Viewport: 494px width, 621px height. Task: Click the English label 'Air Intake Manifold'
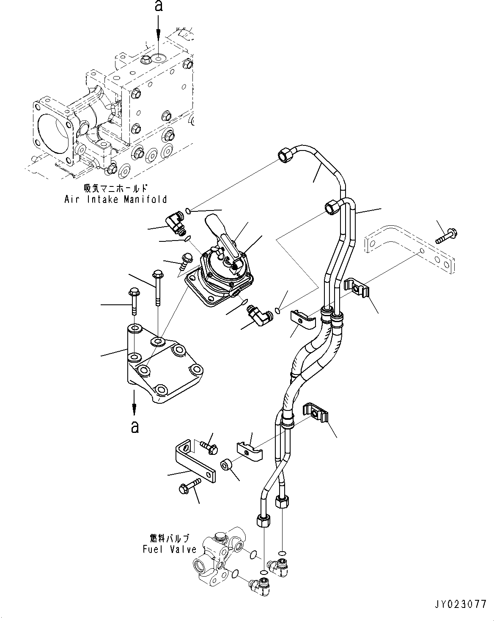coord(115,199)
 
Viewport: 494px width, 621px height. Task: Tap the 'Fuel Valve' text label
coord(169,549)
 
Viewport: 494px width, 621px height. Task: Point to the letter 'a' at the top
coord(159,6)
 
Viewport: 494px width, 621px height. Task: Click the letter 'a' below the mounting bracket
coord(134,427)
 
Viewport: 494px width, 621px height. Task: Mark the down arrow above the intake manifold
coord(159,30)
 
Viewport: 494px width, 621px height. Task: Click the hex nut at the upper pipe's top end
coord(283,155)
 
